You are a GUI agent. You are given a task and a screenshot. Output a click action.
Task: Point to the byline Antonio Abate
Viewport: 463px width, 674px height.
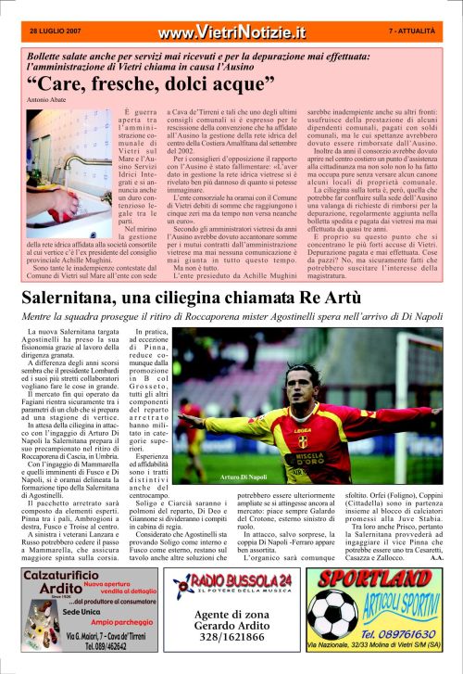coord(45,99)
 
